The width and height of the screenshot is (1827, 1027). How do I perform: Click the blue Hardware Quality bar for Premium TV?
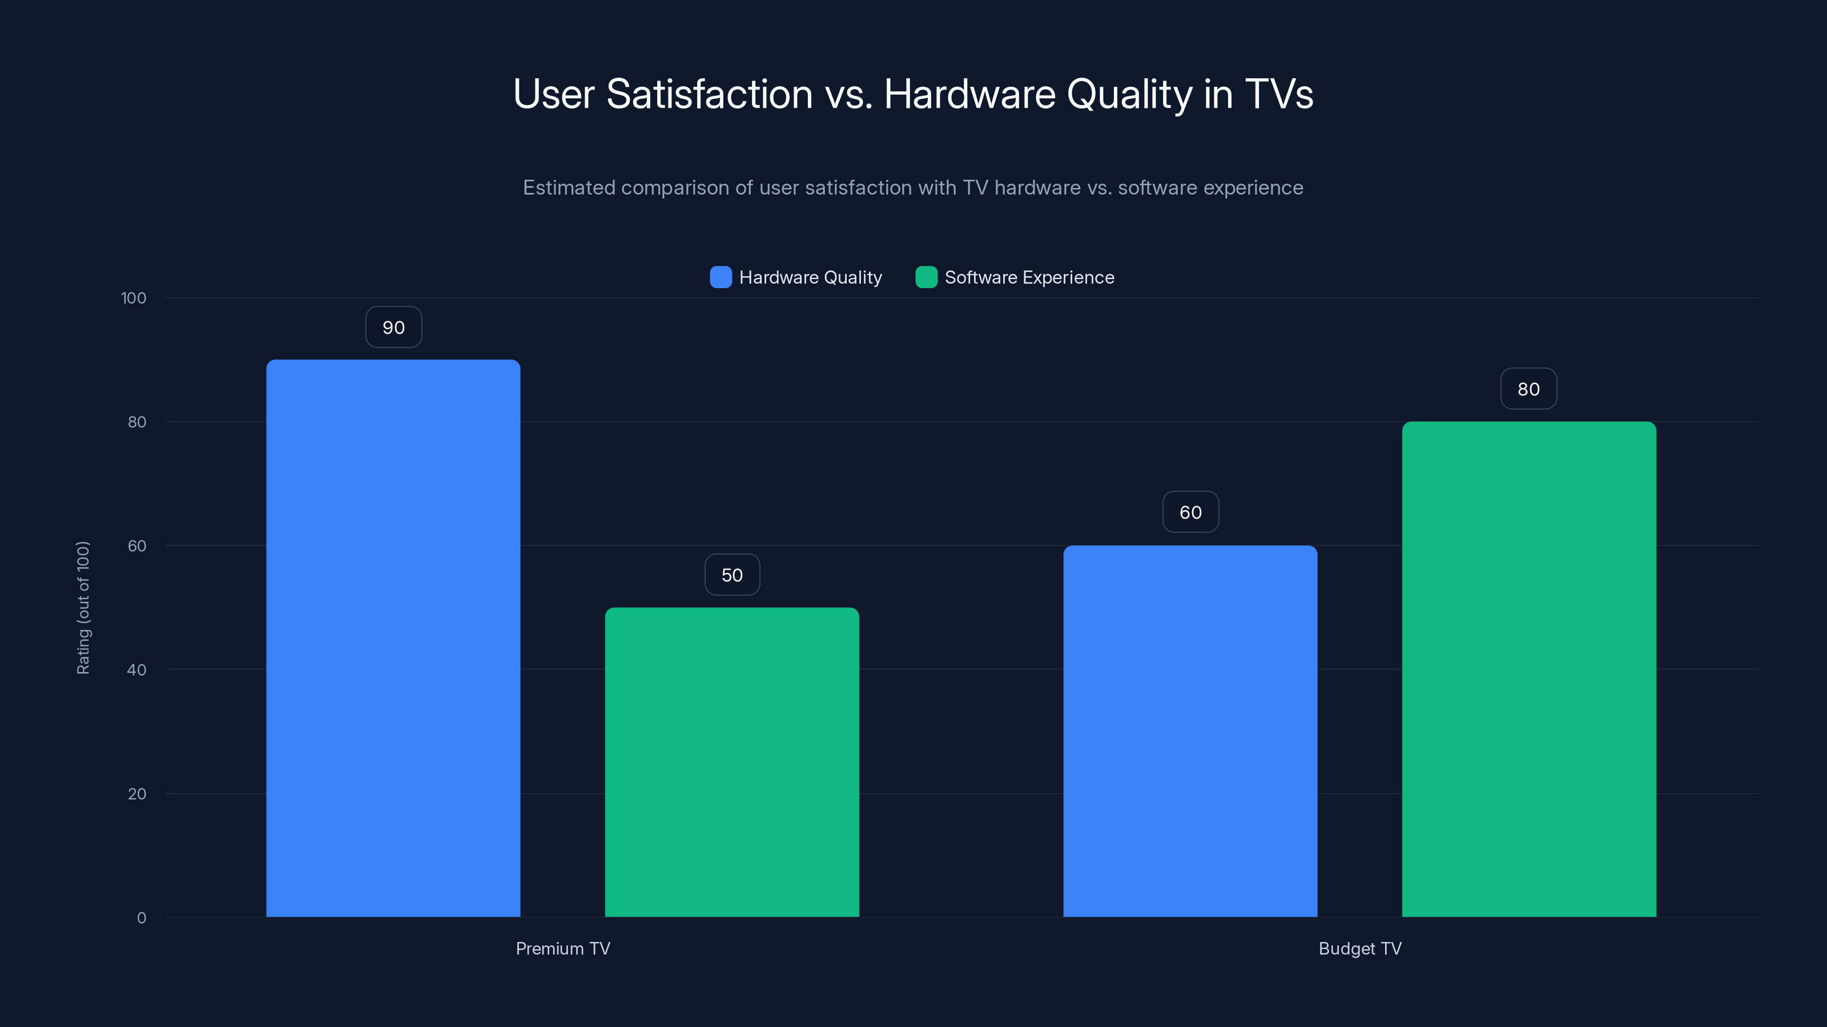[x=393, y=638]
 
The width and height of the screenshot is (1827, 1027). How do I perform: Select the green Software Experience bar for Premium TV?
[x=731, y=762]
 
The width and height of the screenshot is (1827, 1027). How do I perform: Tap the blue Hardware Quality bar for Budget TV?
[x=1189, y=731]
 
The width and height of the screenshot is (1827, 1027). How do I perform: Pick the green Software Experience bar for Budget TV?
[x=1528, y=669]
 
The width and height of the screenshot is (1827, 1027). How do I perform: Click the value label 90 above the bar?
[x=393, y=327]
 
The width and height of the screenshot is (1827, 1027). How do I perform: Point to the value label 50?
[x=732, y=575]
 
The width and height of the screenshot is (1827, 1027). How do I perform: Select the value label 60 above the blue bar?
[x=1190, y=512]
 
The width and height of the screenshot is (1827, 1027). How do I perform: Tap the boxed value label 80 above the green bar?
[x=1528, y=389]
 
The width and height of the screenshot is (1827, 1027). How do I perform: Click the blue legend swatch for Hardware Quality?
[x=721, y=277]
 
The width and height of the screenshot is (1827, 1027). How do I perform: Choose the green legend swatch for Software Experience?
[x=926, y=277]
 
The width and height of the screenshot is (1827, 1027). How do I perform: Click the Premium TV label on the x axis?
[x=562, y=948]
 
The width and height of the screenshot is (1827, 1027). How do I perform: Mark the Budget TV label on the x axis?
[x=1359, y=948]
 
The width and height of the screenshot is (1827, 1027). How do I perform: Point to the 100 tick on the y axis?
[x=134, y=298]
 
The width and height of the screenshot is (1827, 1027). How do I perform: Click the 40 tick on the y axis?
[x=137, y=670]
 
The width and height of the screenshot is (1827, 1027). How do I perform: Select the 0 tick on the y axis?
[x=141, y=918]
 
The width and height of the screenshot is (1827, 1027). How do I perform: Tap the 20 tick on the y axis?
[x=137, y=794]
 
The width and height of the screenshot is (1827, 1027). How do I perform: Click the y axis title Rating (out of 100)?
[x=83, y=608]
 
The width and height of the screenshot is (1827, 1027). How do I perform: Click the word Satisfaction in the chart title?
[x=709, y=94]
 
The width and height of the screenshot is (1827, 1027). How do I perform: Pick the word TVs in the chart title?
[x=1279, y=94]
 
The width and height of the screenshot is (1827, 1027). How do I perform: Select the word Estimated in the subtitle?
[x=569, y=188]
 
